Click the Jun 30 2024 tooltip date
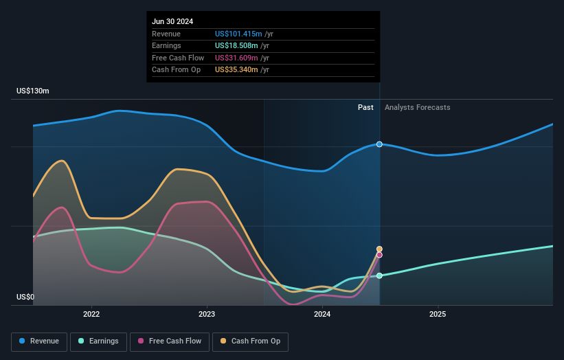coord(172,21)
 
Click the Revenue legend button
coord(39,341)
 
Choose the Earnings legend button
coord(98,341)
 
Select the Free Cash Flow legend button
coord(171,341)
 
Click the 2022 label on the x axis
coord(91,315)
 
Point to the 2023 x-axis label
coord(207,315)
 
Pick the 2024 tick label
coord(322,315)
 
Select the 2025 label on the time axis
coord(438,315)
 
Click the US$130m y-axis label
coord(33,91)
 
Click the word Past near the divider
coord(365,107)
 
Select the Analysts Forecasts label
coord(418,107)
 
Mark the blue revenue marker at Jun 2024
coord(379,144)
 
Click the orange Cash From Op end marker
coord(379,249)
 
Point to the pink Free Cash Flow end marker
coord(379,255)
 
